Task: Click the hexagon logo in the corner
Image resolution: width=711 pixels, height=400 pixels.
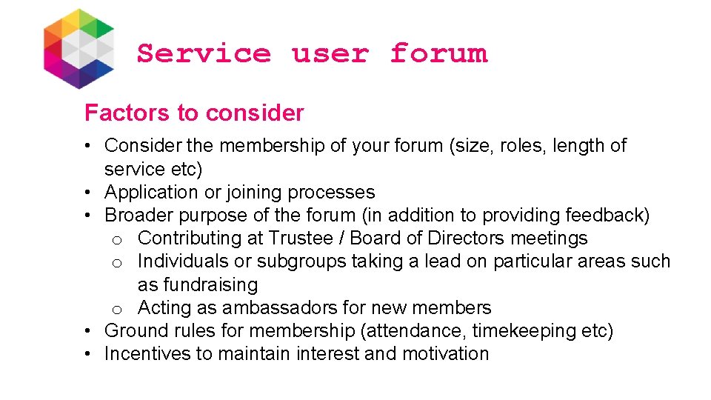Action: [x=79, y=48]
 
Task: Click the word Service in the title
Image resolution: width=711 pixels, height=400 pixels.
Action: [x=204, y=53]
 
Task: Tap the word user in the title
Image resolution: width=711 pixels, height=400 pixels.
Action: [x=330, y=53]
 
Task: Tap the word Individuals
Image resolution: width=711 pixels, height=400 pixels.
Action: [x=182, y=261]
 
